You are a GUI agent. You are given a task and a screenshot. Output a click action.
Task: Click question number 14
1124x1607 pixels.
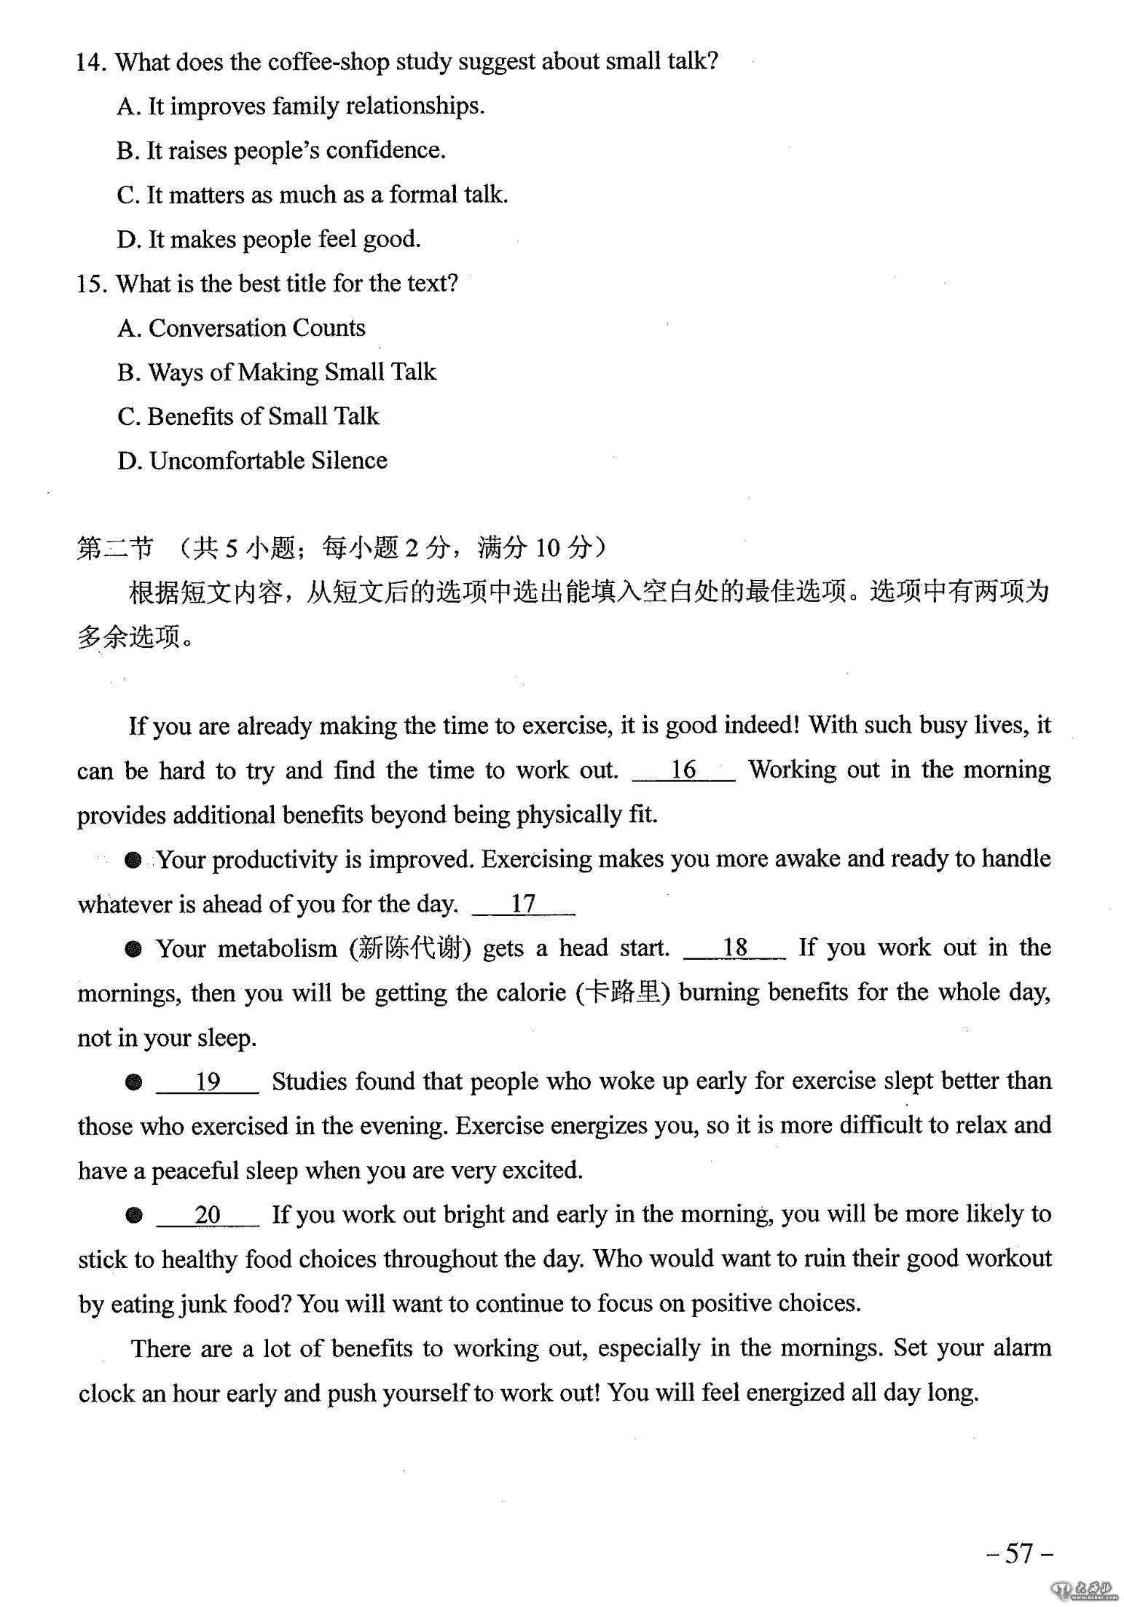[x=92, y=63]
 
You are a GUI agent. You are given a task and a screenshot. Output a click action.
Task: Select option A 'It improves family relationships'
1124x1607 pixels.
[x=300, y=106]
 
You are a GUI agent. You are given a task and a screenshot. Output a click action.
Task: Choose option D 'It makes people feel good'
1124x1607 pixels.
[x=269, y=239]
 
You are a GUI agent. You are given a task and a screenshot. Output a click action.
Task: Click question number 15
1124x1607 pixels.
[x=92, y=284]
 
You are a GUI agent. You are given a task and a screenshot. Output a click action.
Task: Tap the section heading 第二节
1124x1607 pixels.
[x=115, y=547]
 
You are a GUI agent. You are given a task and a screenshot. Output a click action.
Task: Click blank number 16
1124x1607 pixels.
[x=683, y=770]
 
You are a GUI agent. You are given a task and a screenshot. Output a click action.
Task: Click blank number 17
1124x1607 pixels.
[x=522, y=904]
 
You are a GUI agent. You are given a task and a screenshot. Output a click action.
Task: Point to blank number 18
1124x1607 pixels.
[x=734, y=947]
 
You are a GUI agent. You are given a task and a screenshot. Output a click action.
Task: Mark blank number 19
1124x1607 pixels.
[x=207, y=1082]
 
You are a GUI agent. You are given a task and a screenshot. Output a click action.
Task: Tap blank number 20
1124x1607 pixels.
[x=207, y=1215]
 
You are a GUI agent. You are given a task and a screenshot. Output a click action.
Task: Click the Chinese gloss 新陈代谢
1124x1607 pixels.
[x=410, y=949]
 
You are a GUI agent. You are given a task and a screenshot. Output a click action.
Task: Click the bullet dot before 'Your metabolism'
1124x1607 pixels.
[x=133, y=949]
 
